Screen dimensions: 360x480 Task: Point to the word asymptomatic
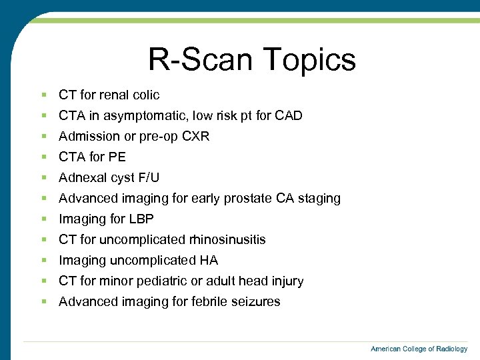pyautogui.click(x=139, y=115)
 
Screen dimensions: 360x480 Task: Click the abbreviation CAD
pyautogui.click(x=289, y=115)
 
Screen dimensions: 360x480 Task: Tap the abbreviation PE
pyautogui.click(x=117, y=157)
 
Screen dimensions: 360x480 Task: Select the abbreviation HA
pyautogui.click(x=208, y=260)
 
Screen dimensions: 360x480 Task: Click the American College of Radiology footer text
pyautogui.click(x=419, y=349)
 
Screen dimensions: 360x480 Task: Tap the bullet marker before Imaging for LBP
pyautogui.click(x=43, y=219)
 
